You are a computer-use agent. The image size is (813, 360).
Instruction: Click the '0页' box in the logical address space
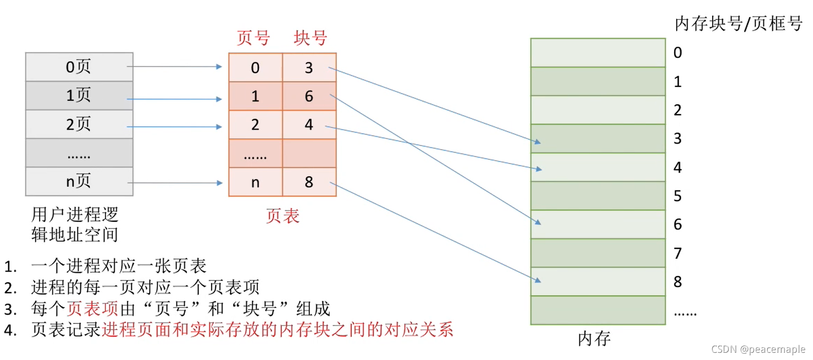coord(79,67)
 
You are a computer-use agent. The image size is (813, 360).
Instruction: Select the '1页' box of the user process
coord(79,96)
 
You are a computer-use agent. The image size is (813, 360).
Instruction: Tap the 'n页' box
coord(79,182)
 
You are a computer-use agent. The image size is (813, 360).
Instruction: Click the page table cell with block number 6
coord(309,96)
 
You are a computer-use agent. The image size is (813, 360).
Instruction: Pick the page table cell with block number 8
coord(309,182)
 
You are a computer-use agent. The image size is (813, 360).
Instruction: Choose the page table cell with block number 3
coord(309,67)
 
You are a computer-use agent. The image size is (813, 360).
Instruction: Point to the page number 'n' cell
coord(255,182)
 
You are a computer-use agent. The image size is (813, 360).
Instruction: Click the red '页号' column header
coord(253,38)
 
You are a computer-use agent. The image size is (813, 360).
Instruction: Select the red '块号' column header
coord(310,38)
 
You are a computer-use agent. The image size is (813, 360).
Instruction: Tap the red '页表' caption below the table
coord(282,216)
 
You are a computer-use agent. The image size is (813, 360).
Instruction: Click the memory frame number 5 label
coord(678,196)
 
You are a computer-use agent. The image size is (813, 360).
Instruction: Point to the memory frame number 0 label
coord(678,52)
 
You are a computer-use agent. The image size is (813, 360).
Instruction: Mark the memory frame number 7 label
coord(678,253)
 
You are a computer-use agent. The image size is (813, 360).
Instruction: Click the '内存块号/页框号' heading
coord(738,24)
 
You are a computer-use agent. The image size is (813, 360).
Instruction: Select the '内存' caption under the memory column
coord(594,338)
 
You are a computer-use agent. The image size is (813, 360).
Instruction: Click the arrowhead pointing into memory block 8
coord(538,280)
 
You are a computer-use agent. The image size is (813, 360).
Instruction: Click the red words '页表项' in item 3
coord(93,309)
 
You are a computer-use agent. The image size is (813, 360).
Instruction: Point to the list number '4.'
coord(10,330)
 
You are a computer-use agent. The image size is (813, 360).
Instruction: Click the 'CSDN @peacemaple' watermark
coord(758,350)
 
